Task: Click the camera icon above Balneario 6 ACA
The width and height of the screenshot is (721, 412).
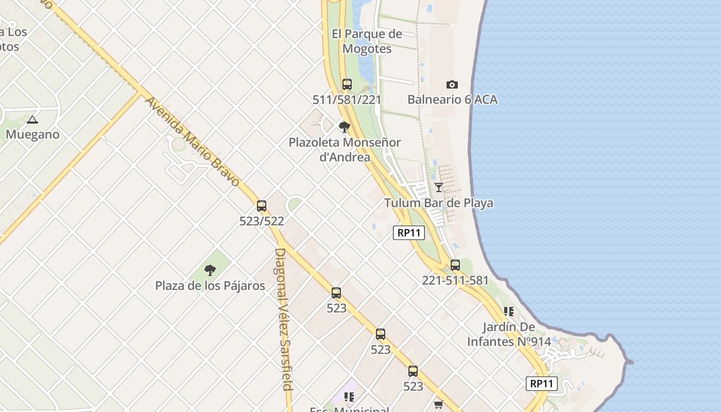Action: point(452,84)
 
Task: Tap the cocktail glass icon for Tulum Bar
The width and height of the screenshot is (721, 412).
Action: point(439,187)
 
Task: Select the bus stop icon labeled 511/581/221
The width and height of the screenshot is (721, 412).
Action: point(347,84)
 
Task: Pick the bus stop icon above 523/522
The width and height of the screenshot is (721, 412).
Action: point(262,206)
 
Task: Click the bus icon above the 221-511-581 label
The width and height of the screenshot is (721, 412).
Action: point(455,265)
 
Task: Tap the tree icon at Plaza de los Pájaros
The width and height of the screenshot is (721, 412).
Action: point(210,270)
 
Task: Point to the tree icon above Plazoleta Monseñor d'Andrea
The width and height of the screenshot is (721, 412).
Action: point(345,127)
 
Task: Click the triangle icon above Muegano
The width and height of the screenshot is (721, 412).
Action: point(32,120)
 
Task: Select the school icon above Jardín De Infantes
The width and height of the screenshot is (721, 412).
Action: point(509,312)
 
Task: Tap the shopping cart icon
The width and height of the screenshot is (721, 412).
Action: point(438,405)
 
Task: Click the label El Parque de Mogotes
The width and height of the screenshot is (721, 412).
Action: point(367,41)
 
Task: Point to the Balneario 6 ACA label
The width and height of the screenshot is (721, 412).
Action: point(452,99)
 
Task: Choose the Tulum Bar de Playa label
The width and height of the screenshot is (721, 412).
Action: point(439,203)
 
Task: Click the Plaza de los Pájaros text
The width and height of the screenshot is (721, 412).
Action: point(210,286)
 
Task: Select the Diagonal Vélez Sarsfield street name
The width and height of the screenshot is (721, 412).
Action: point(284,319)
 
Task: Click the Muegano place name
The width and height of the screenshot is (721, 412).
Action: point(32,134)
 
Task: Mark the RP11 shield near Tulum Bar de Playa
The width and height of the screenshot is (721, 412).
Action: point(409,233)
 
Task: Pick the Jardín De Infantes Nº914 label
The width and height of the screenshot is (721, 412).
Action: point(509,334)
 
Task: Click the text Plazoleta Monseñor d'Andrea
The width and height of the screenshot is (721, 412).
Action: point(345,149)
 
